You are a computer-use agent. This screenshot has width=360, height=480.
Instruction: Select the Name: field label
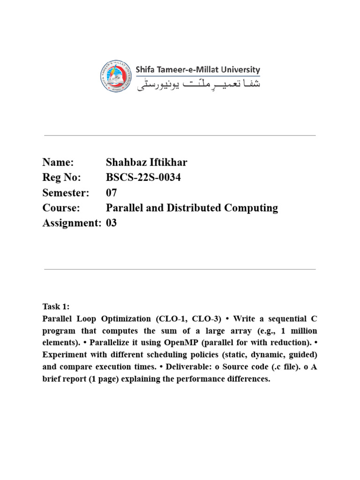click(58, 163)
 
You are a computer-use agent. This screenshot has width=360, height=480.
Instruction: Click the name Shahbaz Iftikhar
click(147, 163)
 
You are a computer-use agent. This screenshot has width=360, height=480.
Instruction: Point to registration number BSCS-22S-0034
click(143, 178)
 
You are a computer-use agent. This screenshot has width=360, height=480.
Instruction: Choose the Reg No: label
click(61, 178)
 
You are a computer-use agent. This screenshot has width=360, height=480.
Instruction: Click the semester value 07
click(112, 193)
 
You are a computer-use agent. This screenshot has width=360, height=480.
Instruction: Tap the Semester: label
click(66, 193)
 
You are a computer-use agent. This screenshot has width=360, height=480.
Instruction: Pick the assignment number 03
click(112, 223)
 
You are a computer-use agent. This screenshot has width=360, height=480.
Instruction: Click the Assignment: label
click(72, 223)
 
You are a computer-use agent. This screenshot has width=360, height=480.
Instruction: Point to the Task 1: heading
click(56, 307)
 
